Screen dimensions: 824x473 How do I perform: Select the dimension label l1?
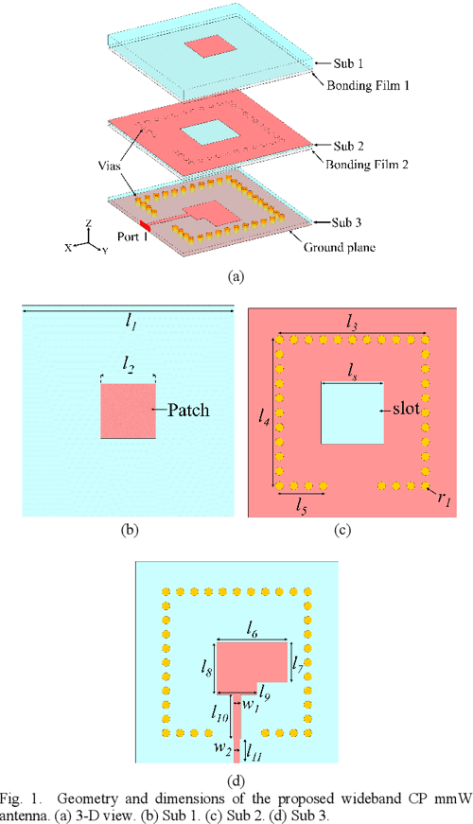coord(130,321)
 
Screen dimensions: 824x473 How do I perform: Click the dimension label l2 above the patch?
coord(128,364)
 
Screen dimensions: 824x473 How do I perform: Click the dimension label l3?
coord(352,323)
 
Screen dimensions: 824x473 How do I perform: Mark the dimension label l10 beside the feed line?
coord(220,719)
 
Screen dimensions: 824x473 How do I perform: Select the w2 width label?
coord(220,749)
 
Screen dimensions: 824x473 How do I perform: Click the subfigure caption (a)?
coord(236,276)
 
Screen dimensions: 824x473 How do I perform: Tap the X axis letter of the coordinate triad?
coord(69,245)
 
